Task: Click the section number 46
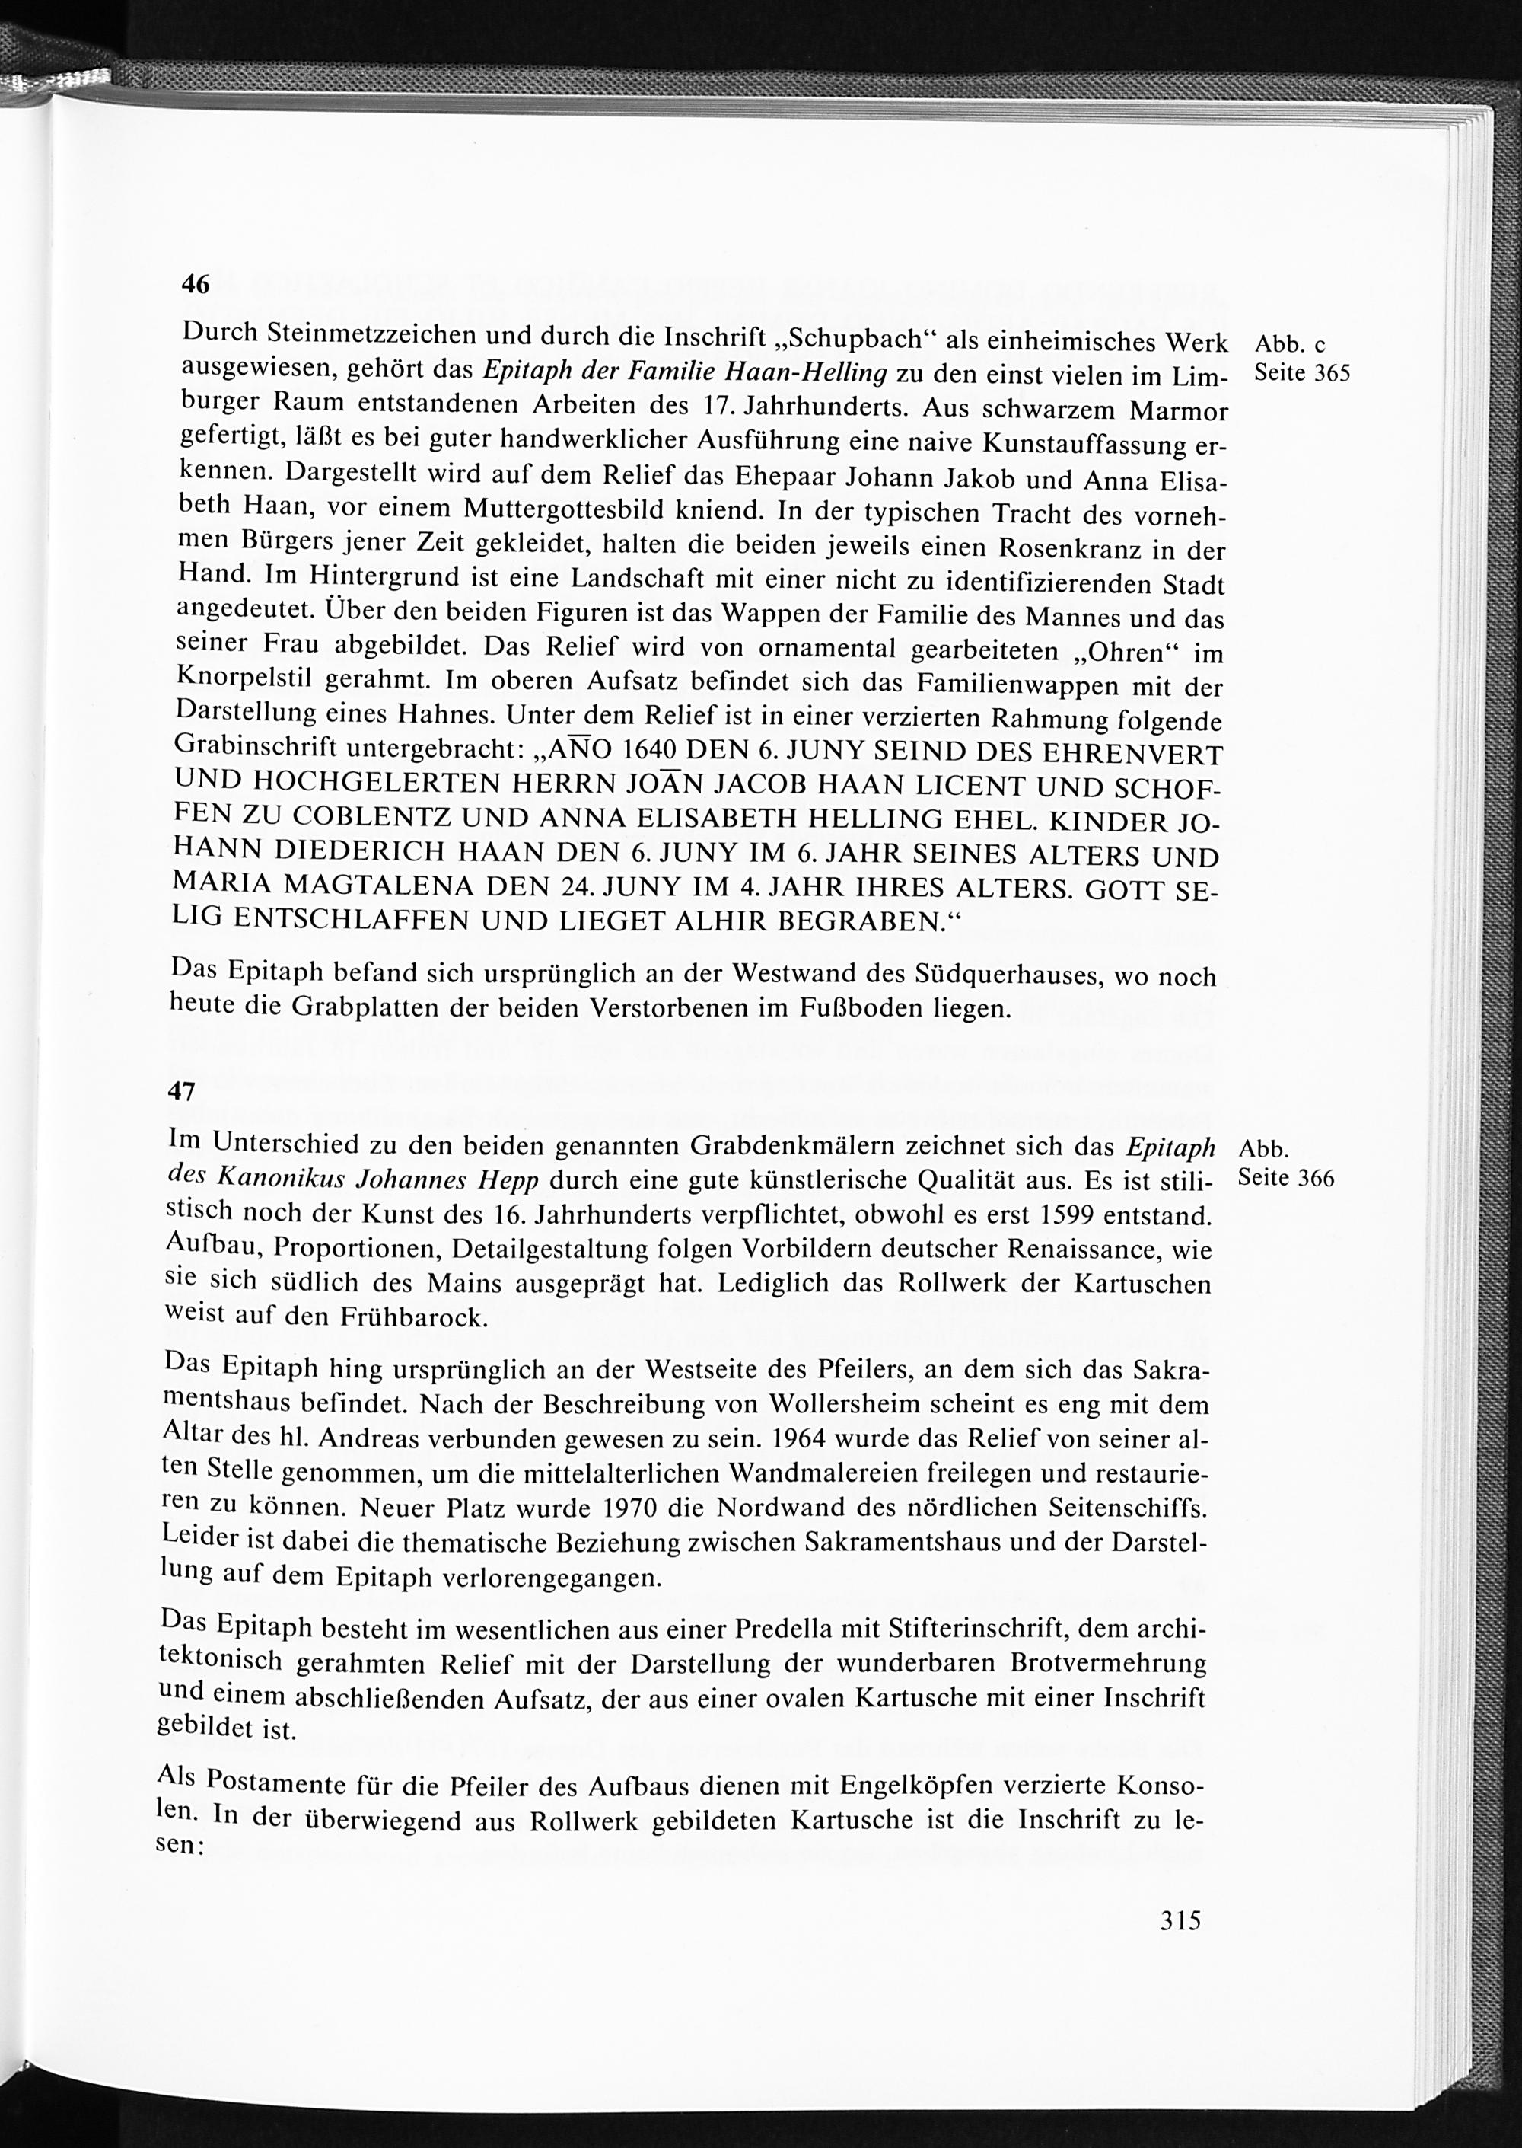(195, 285)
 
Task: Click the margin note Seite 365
(1302, 373)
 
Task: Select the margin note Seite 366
(1286, 1179)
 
